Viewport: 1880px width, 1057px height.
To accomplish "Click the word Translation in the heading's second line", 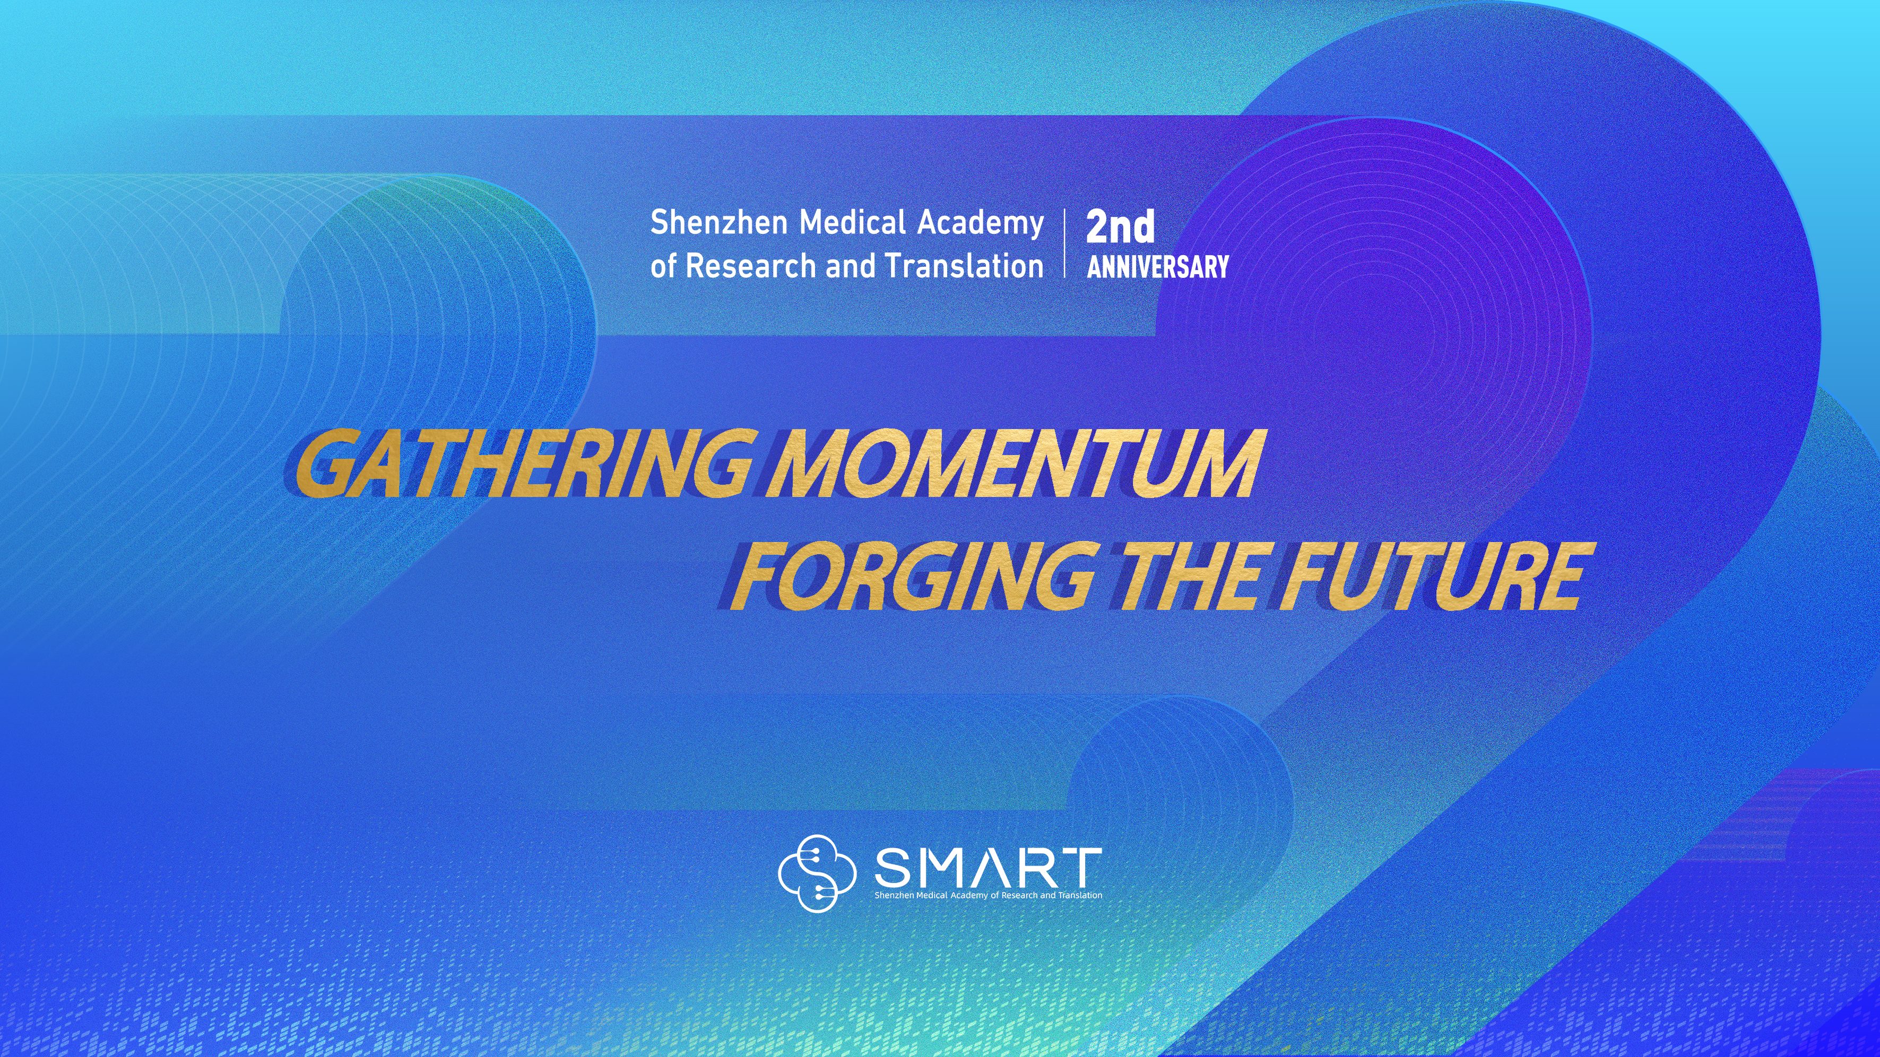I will point(964,266).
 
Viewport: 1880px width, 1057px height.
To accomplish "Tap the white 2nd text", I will point(1120,227).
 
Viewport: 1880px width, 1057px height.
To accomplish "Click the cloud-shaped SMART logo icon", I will point(816,873).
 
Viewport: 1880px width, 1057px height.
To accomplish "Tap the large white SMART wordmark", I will point(988,867).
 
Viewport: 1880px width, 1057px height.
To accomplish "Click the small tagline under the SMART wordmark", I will point(988,895).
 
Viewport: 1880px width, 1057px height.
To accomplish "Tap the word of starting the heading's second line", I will point(663,266).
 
